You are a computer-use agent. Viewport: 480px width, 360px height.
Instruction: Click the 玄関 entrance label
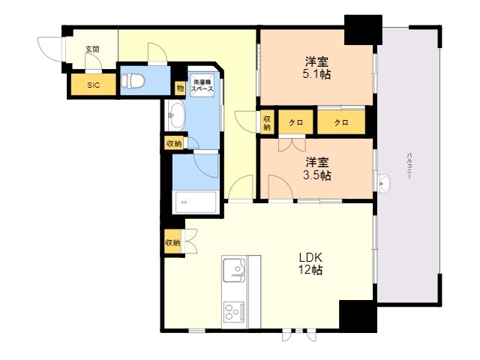[x=92, y=49]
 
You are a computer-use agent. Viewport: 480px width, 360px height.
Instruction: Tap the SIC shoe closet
[x=93, y=85]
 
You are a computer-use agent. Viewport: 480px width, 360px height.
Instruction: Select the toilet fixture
[x=133, y=81]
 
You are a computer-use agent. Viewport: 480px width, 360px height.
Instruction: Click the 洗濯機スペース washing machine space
[x=202, y=85]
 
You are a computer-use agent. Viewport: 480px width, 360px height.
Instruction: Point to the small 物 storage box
[x=180, y=88]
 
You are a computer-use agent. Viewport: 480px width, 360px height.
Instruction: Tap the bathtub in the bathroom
[x=196, y=202]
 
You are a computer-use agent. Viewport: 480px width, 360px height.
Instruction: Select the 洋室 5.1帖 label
[x=316, y=68]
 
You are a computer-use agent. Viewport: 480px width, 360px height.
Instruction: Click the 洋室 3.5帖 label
[x=316, y=169]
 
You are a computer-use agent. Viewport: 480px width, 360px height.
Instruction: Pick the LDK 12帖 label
[x=310, y=263]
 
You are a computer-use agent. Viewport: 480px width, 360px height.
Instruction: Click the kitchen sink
[x=235, y=270]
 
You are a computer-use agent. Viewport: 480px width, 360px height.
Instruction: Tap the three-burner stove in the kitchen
[x=234, y=312]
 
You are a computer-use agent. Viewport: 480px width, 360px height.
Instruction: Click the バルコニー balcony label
[x=409, y=166]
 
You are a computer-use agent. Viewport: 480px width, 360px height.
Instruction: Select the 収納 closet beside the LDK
[x=172, y=242]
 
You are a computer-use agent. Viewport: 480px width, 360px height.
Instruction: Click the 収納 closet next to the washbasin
[x=174, y=143]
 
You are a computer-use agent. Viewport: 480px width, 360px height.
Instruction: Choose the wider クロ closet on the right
[x=341, y=122]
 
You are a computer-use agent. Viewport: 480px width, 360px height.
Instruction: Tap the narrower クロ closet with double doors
[x=296, y=122]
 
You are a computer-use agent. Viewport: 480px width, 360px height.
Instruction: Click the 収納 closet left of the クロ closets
[x=267, y=122]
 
